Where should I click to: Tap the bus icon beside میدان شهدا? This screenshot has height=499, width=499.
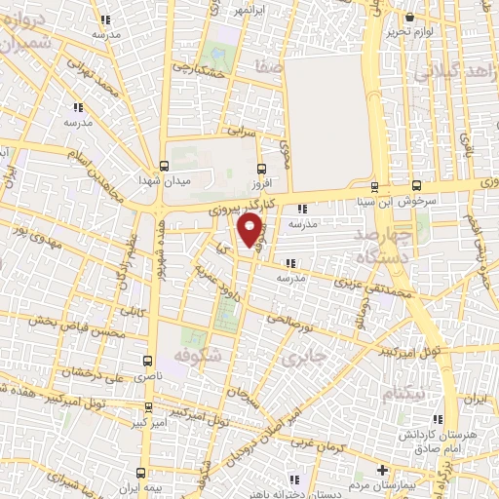(163, 167)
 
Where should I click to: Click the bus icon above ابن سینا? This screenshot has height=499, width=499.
(374, 187)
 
